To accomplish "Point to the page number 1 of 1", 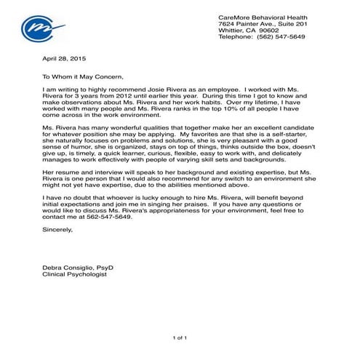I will point(180,338).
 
